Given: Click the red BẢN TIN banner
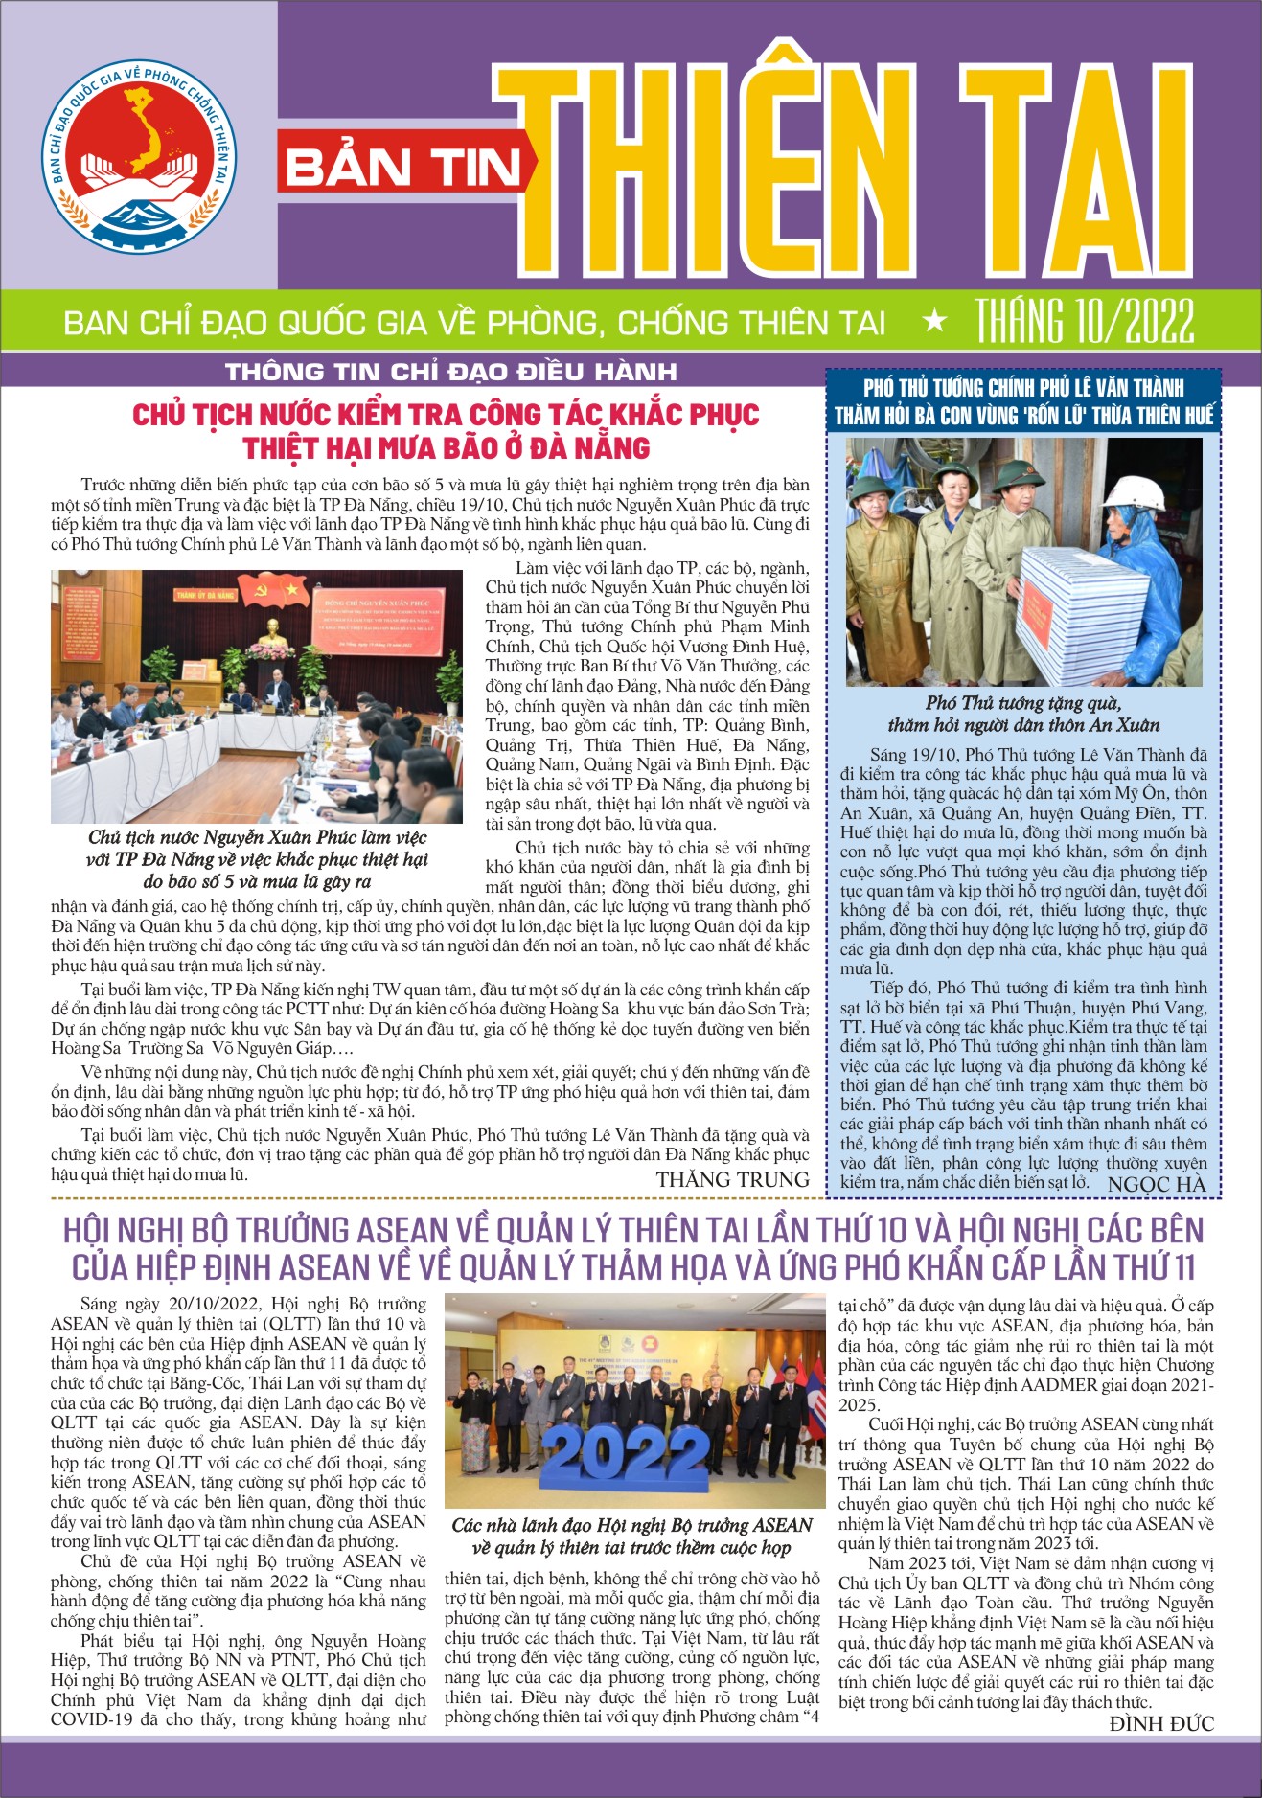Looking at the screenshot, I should pos(402,167).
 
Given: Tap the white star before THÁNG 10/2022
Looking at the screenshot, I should pos(933,322).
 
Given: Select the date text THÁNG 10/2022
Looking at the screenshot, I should pos(1085,321).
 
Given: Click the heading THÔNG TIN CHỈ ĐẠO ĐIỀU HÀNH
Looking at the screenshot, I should pos(450,372).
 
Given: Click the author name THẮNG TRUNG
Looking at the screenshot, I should pos(732,1179).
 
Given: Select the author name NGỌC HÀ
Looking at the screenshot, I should pos(1157,1184).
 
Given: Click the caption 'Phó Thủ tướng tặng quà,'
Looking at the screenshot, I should pos(1022,703).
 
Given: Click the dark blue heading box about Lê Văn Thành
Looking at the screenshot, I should pos(1023,401).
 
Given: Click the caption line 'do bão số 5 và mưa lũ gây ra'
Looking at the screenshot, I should pos(257,880).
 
